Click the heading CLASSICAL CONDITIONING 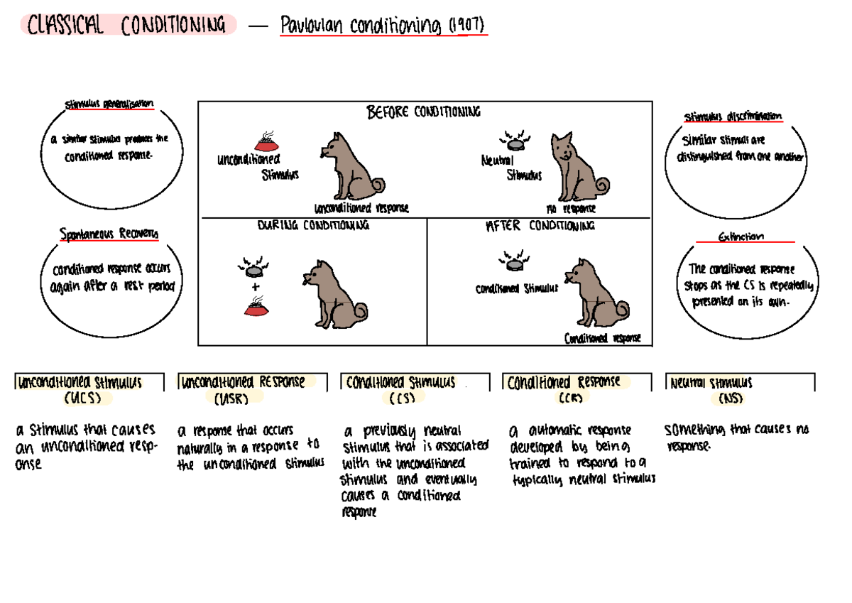[126, 26]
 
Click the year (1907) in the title [467, 26]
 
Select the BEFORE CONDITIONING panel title [423, 112]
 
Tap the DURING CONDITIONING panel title [312, 226]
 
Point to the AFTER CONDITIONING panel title [540, 226]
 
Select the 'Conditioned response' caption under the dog [602, 338]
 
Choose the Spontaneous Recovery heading [109, 233]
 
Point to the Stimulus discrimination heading [733, 116]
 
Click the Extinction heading [741, 237]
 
